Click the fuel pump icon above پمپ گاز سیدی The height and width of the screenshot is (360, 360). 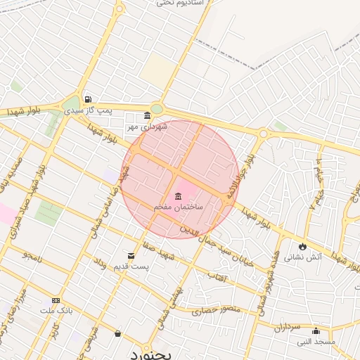pyautogui.click(x=87, y=99)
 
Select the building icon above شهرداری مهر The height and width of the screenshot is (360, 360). pyautogui.click(x=147, y=116)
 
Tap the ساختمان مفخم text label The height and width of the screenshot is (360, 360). pyautogui.click(x=179, y=207)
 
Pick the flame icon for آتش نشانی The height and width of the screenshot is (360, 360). pyautogui.click(x=303, y=246)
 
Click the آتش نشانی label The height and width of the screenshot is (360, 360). pyautogui.click(x=303, y=257)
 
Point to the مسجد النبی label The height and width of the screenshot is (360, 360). pyautogui.click(x=316, y=342)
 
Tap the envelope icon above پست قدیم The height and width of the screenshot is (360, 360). pyautogui.click(x=131, y=256)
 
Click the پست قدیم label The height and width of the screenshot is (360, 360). pyautogui.click(x=131, y=267)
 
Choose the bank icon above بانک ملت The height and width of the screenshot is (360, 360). pyautogui.click(x=56, y=300)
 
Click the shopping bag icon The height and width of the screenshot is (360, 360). pyautogui.click(x=117, y=333)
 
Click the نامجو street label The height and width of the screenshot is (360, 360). pyautogui.click(x=32, y=256)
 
